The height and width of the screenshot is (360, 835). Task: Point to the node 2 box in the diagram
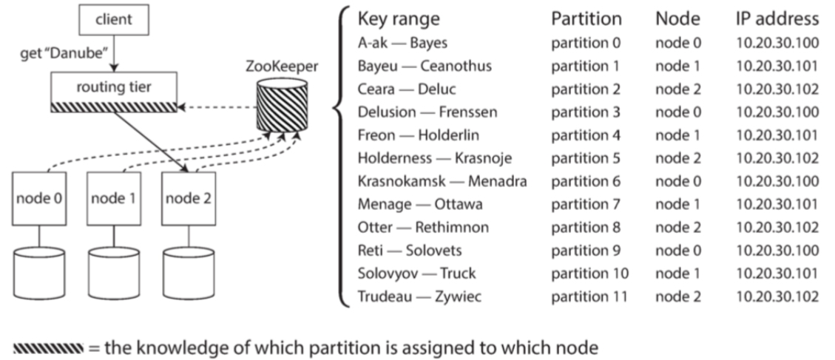(189, 197)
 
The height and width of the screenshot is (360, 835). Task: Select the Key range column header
(398, 18)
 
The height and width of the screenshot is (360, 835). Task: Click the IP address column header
(777, 18)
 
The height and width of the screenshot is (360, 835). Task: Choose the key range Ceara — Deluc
(406, 89)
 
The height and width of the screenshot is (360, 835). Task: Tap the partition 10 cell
(589, 274)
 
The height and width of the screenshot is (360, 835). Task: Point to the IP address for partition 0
(777, 43)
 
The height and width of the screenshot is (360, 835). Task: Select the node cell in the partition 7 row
(678, 204)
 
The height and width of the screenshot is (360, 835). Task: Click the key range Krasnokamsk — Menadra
(442, 181)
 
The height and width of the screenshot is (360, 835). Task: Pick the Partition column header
(586, 18)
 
